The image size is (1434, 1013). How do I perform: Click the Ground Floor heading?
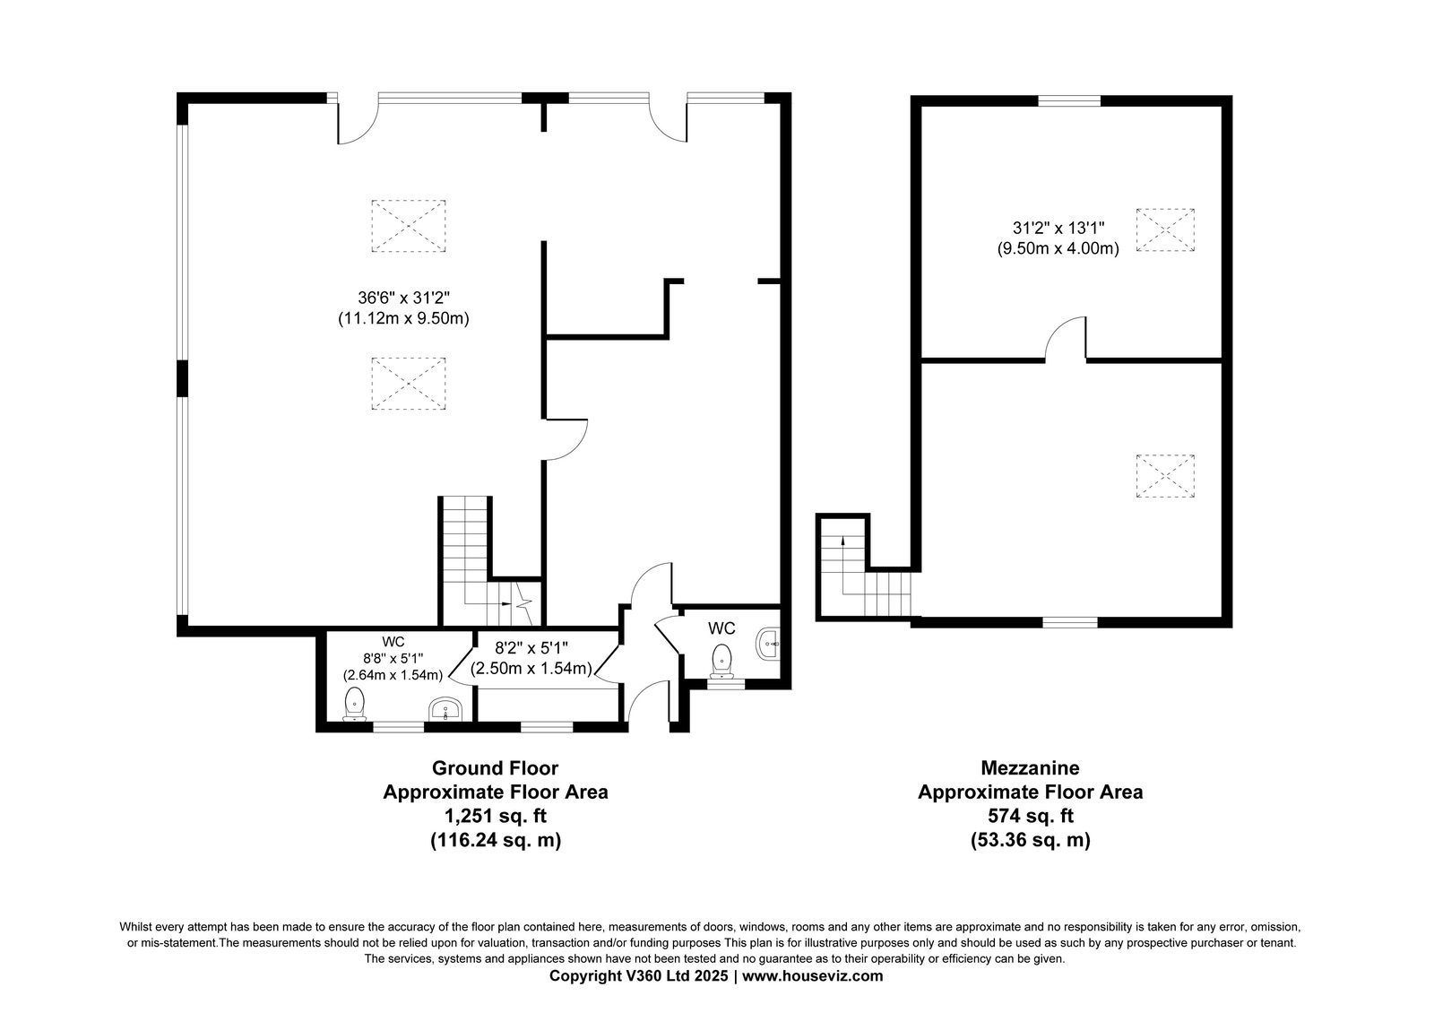click(495, 767)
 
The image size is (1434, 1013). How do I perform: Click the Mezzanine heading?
click(1030, 767)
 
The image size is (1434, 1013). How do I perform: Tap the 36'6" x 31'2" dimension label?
click(404, 298)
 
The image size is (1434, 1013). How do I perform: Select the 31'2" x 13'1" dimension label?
click(1058, 228)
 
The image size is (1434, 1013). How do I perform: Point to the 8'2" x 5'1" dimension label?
click(532, 647)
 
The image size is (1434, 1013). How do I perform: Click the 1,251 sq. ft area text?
click(496, 817)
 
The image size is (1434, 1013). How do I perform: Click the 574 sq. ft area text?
click(1030, 817)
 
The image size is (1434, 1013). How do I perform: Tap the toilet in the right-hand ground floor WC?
click(721, 661)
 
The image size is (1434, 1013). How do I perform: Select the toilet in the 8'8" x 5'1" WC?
click(354, 705)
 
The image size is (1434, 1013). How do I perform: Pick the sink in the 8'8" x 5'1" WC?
click(445, 709)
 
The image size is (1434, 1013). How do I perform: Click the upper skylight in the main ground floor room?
click(409, 226)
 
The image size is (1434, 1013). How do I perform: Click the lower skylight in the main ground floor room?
click(409, 384)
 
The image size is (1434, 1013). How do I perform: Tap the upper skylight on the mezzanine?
click(1165, 229)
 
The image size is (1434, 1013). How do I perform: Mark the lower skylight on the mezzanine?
click(1165, 476)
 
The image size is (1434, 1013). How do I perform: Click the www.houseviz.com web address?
click(812, 976)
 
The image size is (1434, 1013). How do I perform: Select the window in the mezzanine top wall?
click(1069, 100)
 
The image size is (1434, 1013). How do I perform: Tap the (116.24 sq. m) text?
click(496, 840)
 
